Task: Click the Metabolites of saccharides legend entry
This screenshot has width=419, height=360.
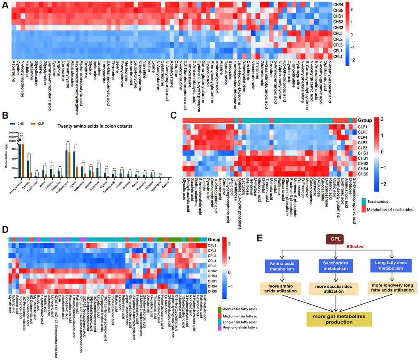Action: (391, 209)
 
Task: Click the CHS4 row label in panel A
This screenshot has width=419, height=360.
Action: (338, 5)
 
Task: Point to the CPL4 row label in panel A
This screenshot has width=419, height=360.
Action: (338, 56)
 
